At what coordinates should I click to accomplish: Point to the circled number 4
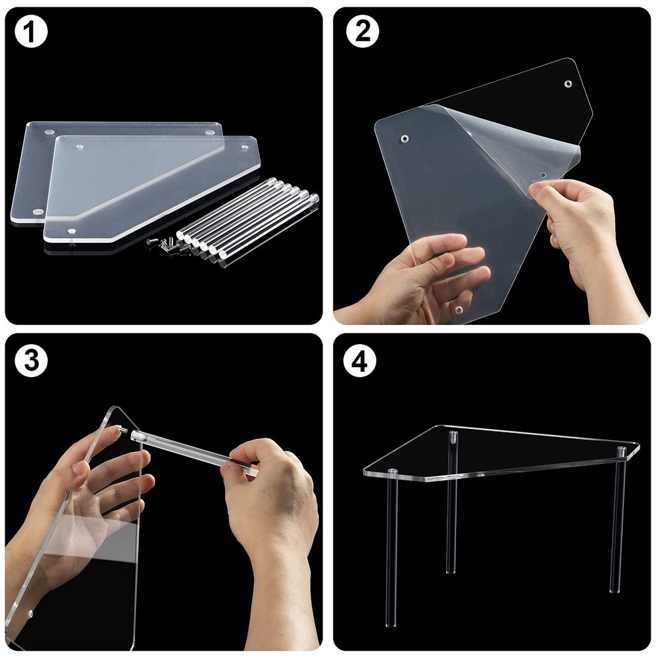pyautogui.click(x=361, y=361)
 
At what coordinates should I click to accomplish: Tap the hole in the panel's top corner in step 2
pyautogui.click(x=568, y=84)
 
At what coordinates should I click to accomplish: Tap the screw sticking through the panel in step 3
pyautogui.click(x=122, y=428)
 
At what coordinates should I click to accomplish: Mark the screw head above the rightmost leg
pyautogui.click(x=620, y=450)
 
